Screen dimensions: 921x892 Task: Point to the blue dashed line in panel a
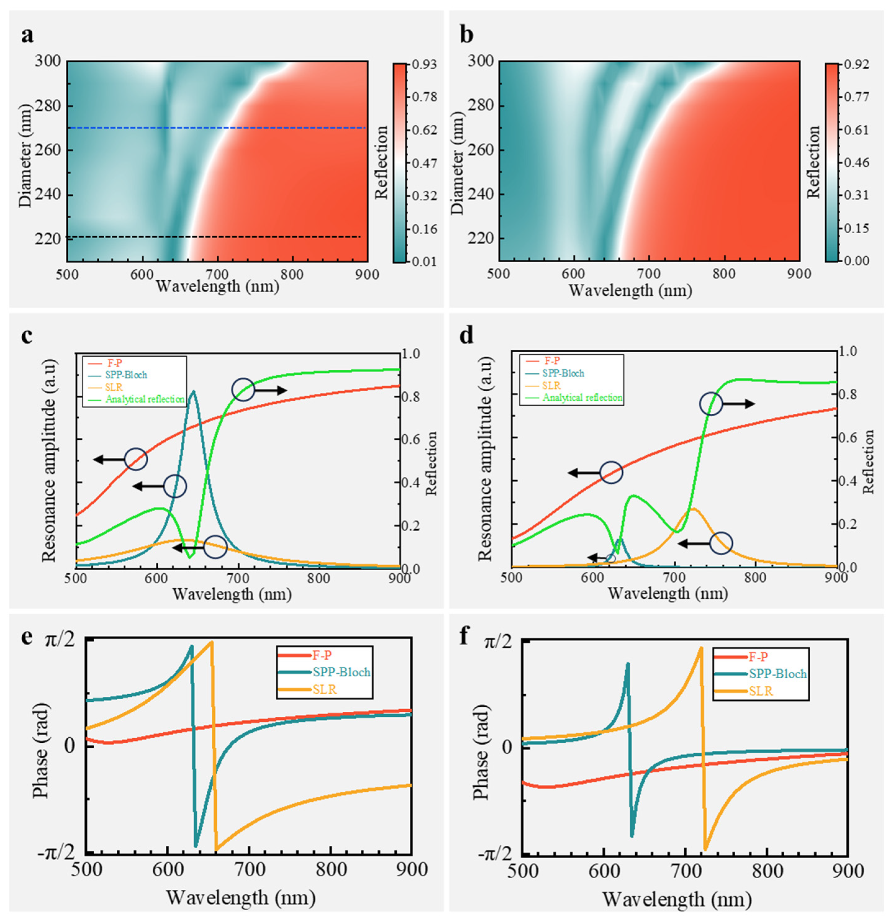pyautogui.click(x=216, y=128)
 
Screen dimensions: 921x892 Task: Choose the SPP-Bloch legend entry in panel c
pyautogui.click(x=126, y=375)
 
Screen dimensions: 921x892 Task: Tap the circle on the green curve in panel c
pyautogui.click(x=243, y=389)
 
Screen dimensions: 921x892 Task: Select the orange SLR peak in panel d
pyautogui.click(x=693, y=509)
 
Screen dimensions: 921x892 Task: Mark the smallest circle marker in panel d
pyautogui.click(x=610, y=559)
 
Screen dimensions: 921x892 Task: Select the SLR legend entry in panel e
pyautogui.click(x=324, y=690)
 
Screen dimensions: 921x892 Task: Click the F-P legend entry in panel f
pyautogui.click(x=758, y=657)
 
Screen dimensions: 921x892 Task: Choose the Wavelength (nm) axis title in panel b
pyautogui.click(x=630, y=290)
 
